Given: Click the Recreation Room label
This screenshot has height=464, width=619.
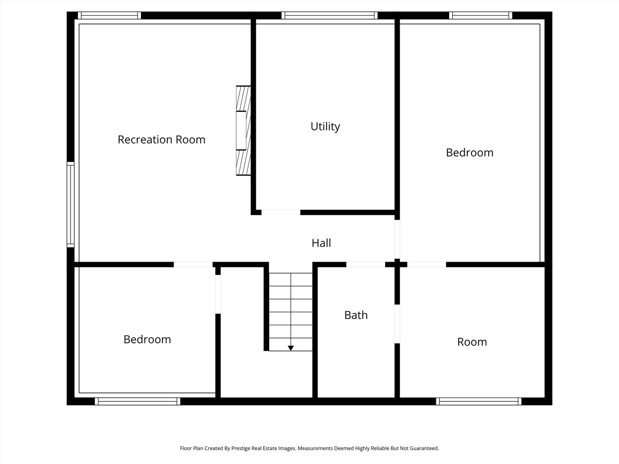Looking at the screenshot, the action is [x=161, y=140].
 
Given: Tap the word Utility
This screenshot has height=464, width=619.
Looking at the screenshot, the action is [x=325, y=126].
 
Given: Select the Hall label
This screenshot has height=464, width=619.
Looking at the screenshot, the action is [x=321, y=243].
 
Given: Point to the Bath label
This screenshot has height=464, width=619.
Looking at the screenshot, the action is [x=356, y=315].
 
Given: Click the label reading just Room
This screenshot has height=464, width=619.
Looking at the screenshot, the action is [x=472, y=342].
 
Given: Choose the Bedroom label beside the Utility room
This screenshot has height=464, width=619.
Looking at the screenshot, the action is [x=469, y=153].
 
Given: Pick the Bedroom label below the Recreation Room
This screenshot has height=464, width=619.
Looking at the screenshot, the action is [x=147, y=339].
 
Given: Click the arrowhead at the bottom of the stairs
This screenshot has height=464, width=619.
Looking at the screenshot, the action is [x=291, y=348].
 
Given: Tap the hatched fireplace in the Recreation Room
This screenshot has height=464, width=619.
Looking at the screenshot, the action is [x=243, y=131].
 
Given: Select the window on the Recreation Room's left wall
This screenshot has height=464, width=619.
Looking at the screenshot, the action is [x=70, y=205].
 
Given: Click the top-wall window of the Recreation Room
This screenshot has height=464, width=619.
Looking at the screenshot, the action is [x=110, y=15].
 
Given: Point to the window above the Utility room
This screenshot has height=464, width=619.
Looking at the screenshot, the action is [x=329, y=15].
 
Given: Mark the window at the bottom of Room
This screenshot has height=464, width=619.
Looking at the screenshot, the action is [x=478, y=401].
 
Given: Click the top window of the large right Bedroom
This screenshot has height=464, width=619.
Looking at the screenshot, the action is [x=481, y=15].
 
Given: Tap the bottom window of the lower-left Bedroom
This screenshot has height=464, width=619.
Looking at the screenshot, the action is [x=137, y=401].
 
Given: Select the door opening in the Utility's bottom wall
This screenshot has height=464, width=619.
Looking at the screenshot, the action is [x=281, y=212].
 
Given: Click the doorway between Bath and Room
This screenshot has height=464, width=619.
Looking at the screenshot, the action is [x=397, y=324].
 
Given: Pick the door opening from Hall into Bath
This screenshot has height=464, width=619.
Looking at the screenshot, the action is [x=365, y=265].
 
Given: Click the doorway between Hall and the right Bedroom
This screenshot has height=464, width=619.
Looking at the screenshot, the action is [x=397, y=239].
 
